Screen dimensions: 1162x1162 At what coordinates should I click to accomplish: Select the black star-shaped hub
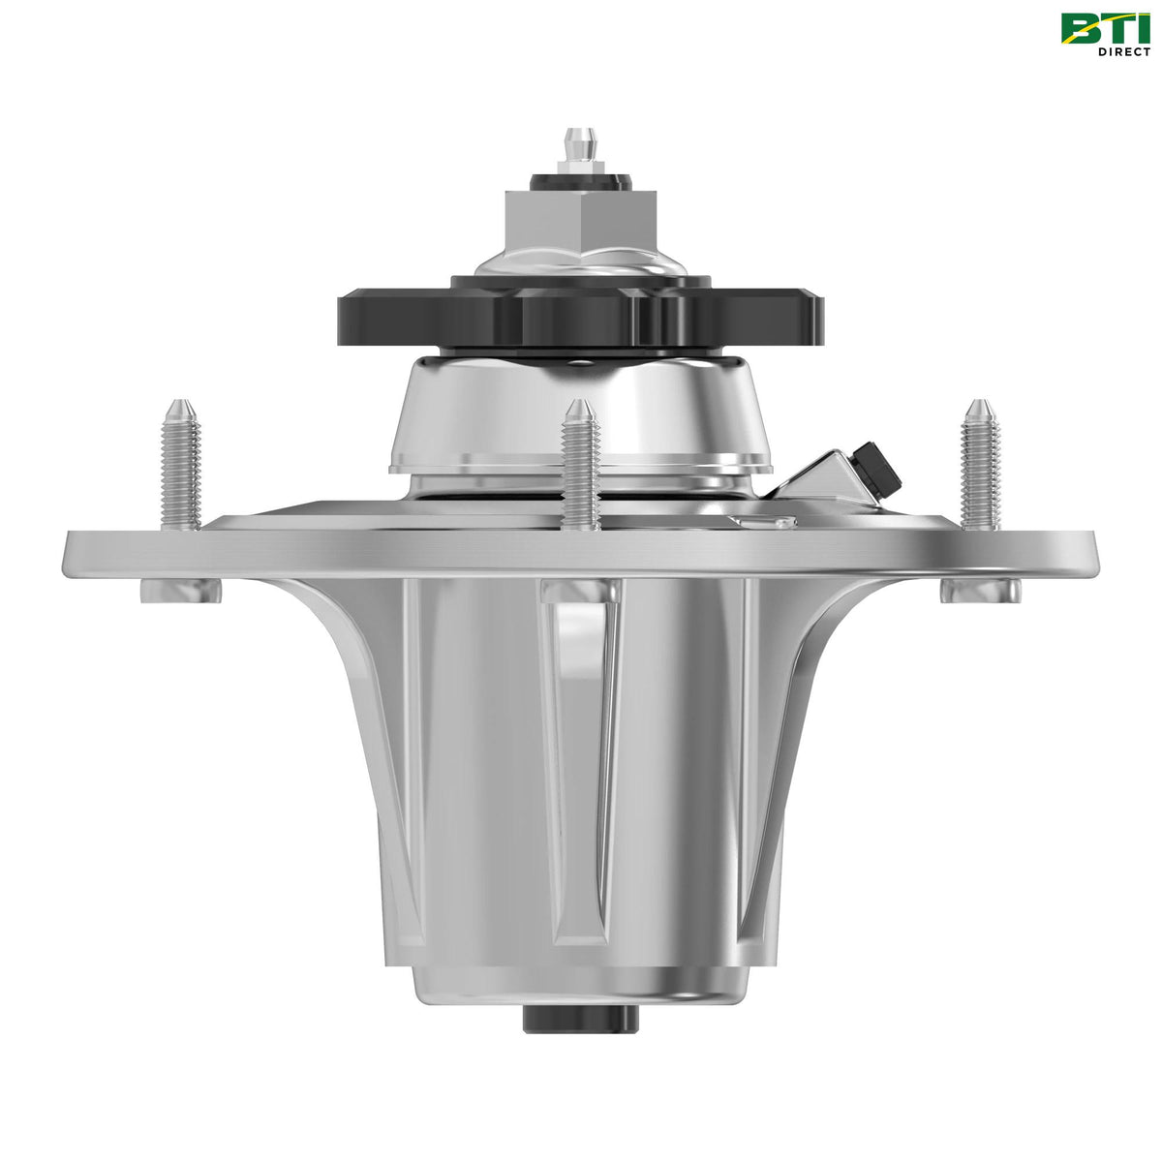[581, 313]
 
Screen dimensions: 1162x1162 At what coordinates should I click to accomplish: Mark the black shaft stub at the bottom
[581, 1018]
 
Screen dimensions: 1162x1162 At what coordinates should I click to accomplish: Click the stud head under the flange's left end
[180, 590]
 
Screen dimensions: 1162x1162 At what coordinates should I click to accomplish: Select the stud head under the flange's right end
[979, 590]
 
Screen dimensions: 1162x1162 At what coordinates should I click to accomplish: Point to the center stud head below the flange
[579, 588]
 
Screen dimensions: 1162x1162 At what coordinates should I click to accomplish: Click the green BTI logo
[1105, 28]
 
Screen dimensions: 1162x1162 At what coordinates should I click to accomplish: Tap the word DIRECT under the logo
[1123, 51]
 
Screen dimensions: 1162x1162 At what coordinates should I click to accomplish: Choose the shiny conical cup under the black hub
[581, 416]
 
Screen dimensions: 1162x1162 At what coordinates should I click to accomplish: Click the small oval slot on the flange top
[762, 523]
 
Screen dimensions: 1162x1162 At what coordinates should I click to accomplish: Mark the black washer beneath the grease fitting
[581, 181]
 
